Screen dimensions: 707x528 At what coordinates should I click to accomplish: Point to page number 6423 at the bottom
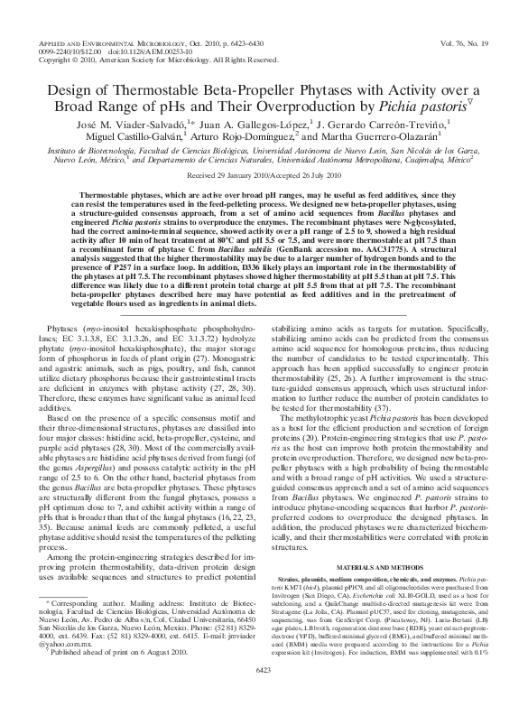tap(264, 693)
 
